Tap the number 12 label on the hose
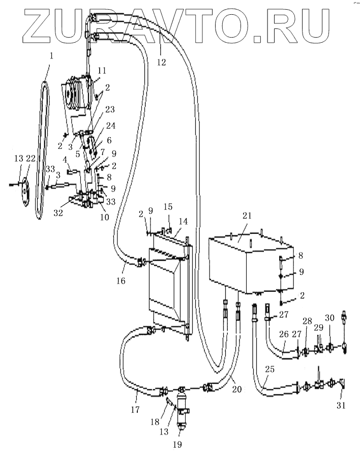pyautogui.click(x=161, y=62)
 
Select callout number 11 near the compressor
pyautogui.click(x=102, y=71)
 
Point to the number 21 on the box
pyautogui.click(x=247, y=216)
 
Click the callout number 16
pyautogui.click(x=121, y=281)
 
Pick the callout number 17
pyautogui.click(x=135, y=410)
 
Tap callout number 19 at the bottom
pyautogui.click(x=177, y=444)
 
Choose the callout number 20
pyautogui.click(x=237, y=389)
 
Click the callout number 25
pyautogui.click(x=269, y=369)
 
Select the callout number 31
pyautogui.click(x=341, y=405)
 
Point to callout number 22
pyautogui.click(x=31, y=159)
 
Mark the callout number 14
pyautogui.click(x=183, y=222)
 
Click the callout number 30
pyautogui.click(x=329, y=318)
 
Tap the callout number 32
pyautogui.click(x=58, y=213)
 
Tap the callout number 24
pyautogui.click(x=111, y=126)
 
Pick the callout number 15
pyautogui.click(x=168, y=207)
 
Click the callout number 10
pyautogui.click(x=105, y=217)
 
